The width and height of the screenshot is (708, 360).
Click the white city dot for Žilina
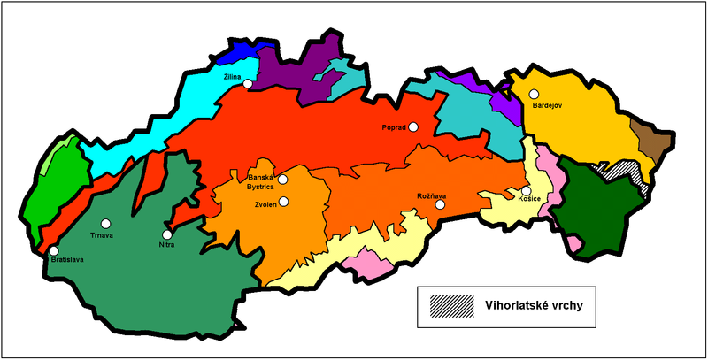pos(249,84)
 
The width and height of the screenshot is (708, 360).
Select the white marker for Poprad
pos(413,126)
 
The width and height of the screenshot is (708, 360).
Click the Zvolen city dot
pos(284,201)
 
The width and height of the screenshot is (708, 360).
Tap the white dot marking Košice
pos(526,190)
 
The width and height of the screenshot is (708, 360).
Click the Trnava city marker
pos(106,223)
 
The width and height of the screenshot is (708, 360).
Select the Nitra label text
pos(166,244)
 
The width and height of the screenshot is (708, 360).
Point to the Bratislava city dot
pos(55,251)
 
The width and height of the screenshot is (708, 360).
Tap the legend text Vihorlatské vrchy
pos(534,305)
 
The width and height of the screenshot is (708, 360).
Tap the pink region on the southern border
pos(363,261)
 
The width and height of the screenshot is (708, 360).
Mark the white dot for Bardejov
pos(535,93)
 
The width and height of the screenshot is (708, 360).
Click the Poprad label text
pos(393,127)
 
